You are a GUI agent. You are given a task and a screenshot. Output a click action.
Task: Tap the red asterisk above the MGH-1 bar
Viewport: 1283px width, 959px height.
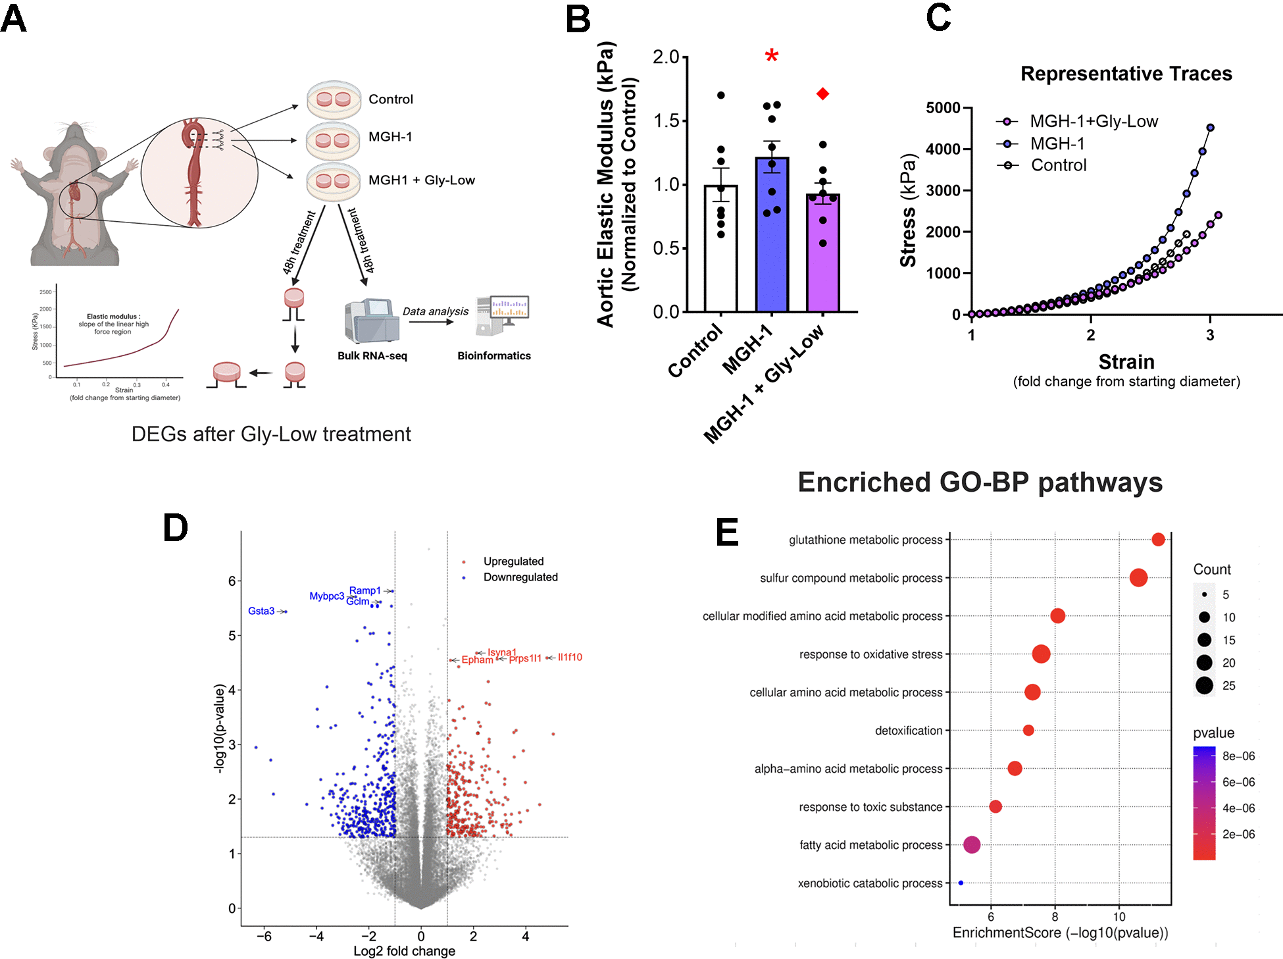click(x=772, y=57)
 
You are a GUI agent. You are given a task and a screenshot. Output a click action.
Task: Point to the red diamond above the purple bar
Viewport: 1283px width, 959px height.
click(x=822, y=94)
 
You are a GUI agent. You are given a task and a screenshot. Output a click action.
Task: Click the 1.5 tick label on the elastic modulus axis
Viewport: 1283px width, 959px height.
click(x=666, y=120)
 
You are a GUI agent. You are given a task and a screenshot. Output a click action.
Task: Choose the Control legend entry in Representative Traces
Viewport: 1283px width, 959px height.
click(x=1058, y=165)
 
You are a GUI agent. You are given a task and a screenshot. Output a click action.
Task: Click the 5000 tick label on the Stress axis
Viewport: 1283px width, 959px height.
click(x=943, y=108)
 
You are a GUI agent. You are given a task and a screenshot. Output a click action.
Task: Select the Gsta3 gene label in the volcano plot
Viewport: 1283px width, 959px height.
click(x=261, y=611)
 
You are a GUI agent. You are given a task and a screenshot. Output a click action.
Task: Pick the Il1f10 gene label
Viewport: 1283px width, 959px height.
click(x=570, y=658)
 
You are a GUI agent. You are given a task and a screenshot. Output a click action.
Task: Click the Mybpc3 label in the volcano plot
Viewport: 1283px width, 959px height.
click(x=326, y=596)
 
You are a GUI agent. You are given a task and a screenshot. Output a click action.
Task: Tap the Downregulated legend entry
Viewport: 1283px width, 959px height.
click(x=520, y=577)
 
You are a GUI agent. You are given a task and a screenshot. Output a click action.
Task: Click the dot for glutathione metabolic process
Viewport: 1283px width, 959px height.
click(x=1158, y=540)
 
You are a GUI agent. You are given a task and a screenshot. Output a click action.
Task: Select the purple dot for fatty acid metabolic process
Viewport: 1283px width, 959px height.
click(x=972, y=845)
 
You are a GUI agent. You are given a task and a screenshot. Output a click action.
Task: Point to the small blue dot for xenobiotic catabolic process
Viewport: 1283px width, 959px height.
click(x=961, y=883)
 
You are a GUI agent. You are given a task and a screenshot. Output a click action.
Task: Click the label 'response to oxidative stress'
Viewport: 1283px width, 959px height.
click(x=870, y=654)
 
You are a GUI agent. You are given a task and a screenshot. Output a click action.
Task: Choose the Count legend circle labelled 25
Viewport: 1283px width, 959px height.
click(x=1205, y=685)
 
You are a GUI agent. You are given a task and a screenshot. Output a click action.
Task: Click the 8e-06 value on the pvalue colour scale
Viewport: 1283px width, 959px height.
click(x=1238, y=756)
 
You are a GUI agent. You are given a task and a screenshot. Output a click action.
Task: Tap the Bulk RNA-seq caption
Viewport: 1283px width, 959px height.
click(x=372, y=356)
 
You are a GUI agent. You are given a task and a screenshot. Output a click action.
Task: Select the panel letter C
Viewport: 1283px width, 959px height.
click(x=938, y=18)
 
